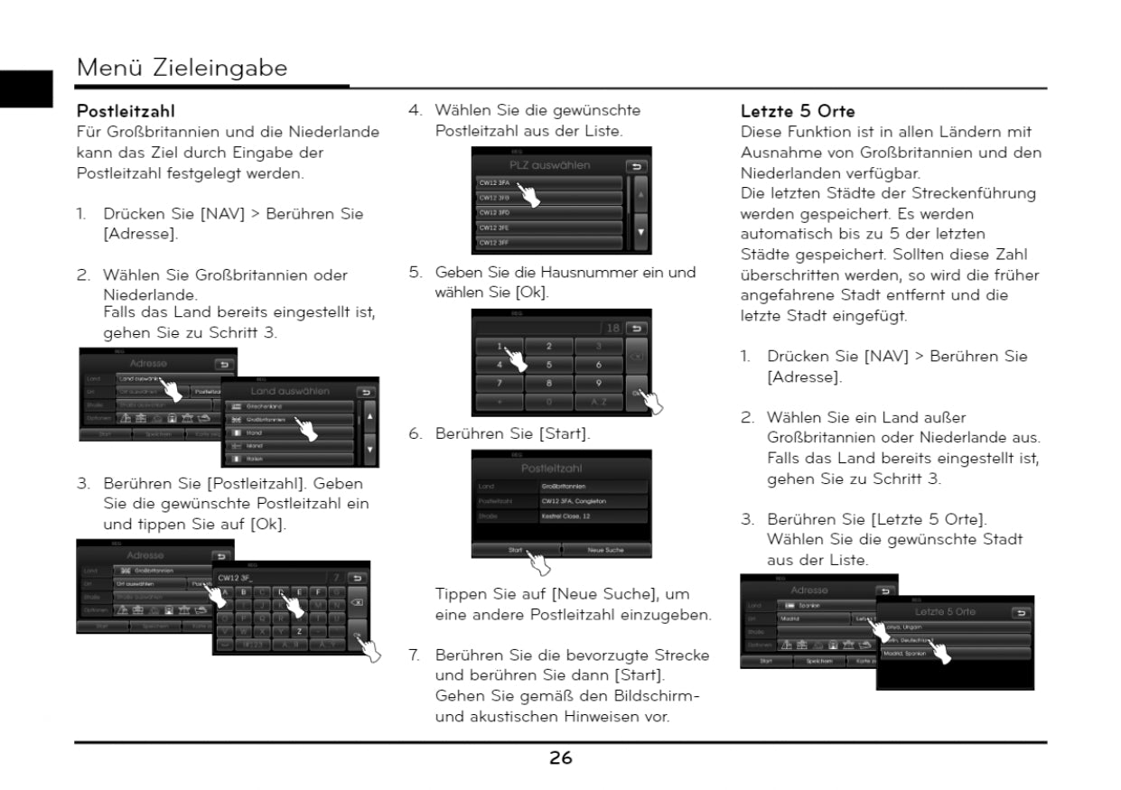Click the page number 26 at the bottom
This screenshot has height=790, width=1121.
tap(560, 758)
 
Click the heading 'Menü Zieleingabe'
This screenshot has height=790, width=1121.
tap(182, 68)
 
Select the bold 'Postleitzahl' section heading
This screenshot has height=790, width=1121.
tap(126, 112)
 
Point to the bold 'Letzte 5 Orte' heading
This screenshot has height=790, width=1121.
tap(798, 112)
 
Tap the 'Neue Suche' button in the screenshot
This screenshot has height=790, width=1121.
tap(605, 549)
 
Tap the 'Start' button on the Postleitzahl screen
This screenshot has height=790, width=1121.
tap(516, 549)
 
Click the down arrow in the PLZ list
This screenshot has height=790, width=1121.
tap(641, 232)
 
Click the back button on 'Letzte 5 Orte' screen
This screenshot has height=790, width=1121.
tap(1021, 613)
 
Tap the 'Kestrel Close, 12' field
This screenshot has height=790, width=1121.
tap(593, 516)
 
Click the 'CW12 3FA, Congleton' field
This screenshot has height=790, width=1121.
tap(593, 501)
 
